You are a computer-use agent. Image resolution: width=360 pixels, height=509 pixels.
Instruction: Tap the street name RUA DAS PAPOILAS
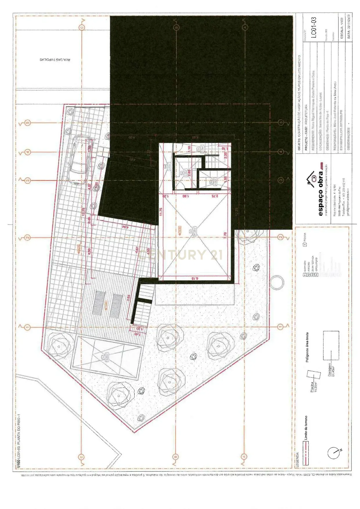55,59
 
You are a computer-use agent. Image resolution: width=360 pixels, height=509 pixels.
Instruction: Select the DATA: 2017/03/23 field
349,26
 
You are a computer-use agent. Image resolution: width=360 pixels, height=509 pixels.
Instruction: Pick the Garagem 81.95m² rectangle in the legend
331,345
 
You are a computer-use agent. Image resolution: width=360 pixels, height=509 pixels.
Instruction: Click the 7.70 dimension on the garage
225,236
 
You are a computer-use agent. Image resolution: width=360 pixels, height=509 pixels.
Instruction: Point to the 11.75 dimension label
161,212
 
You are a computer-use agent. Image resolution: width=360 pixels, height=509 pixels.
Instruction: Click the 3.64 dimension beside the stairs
129,299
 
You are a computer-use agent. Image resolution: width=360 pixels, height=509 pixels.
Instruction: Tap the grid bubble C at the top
82,28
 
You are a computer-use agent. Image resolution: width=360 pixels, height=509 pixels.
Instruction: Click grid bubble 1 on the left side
28,327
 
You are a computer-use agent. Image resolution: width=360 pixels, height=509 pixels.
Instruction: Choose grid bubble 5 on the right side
281,122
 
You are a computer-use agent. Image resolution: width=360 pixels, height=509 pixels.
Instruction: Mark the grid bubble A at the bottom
244,456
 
